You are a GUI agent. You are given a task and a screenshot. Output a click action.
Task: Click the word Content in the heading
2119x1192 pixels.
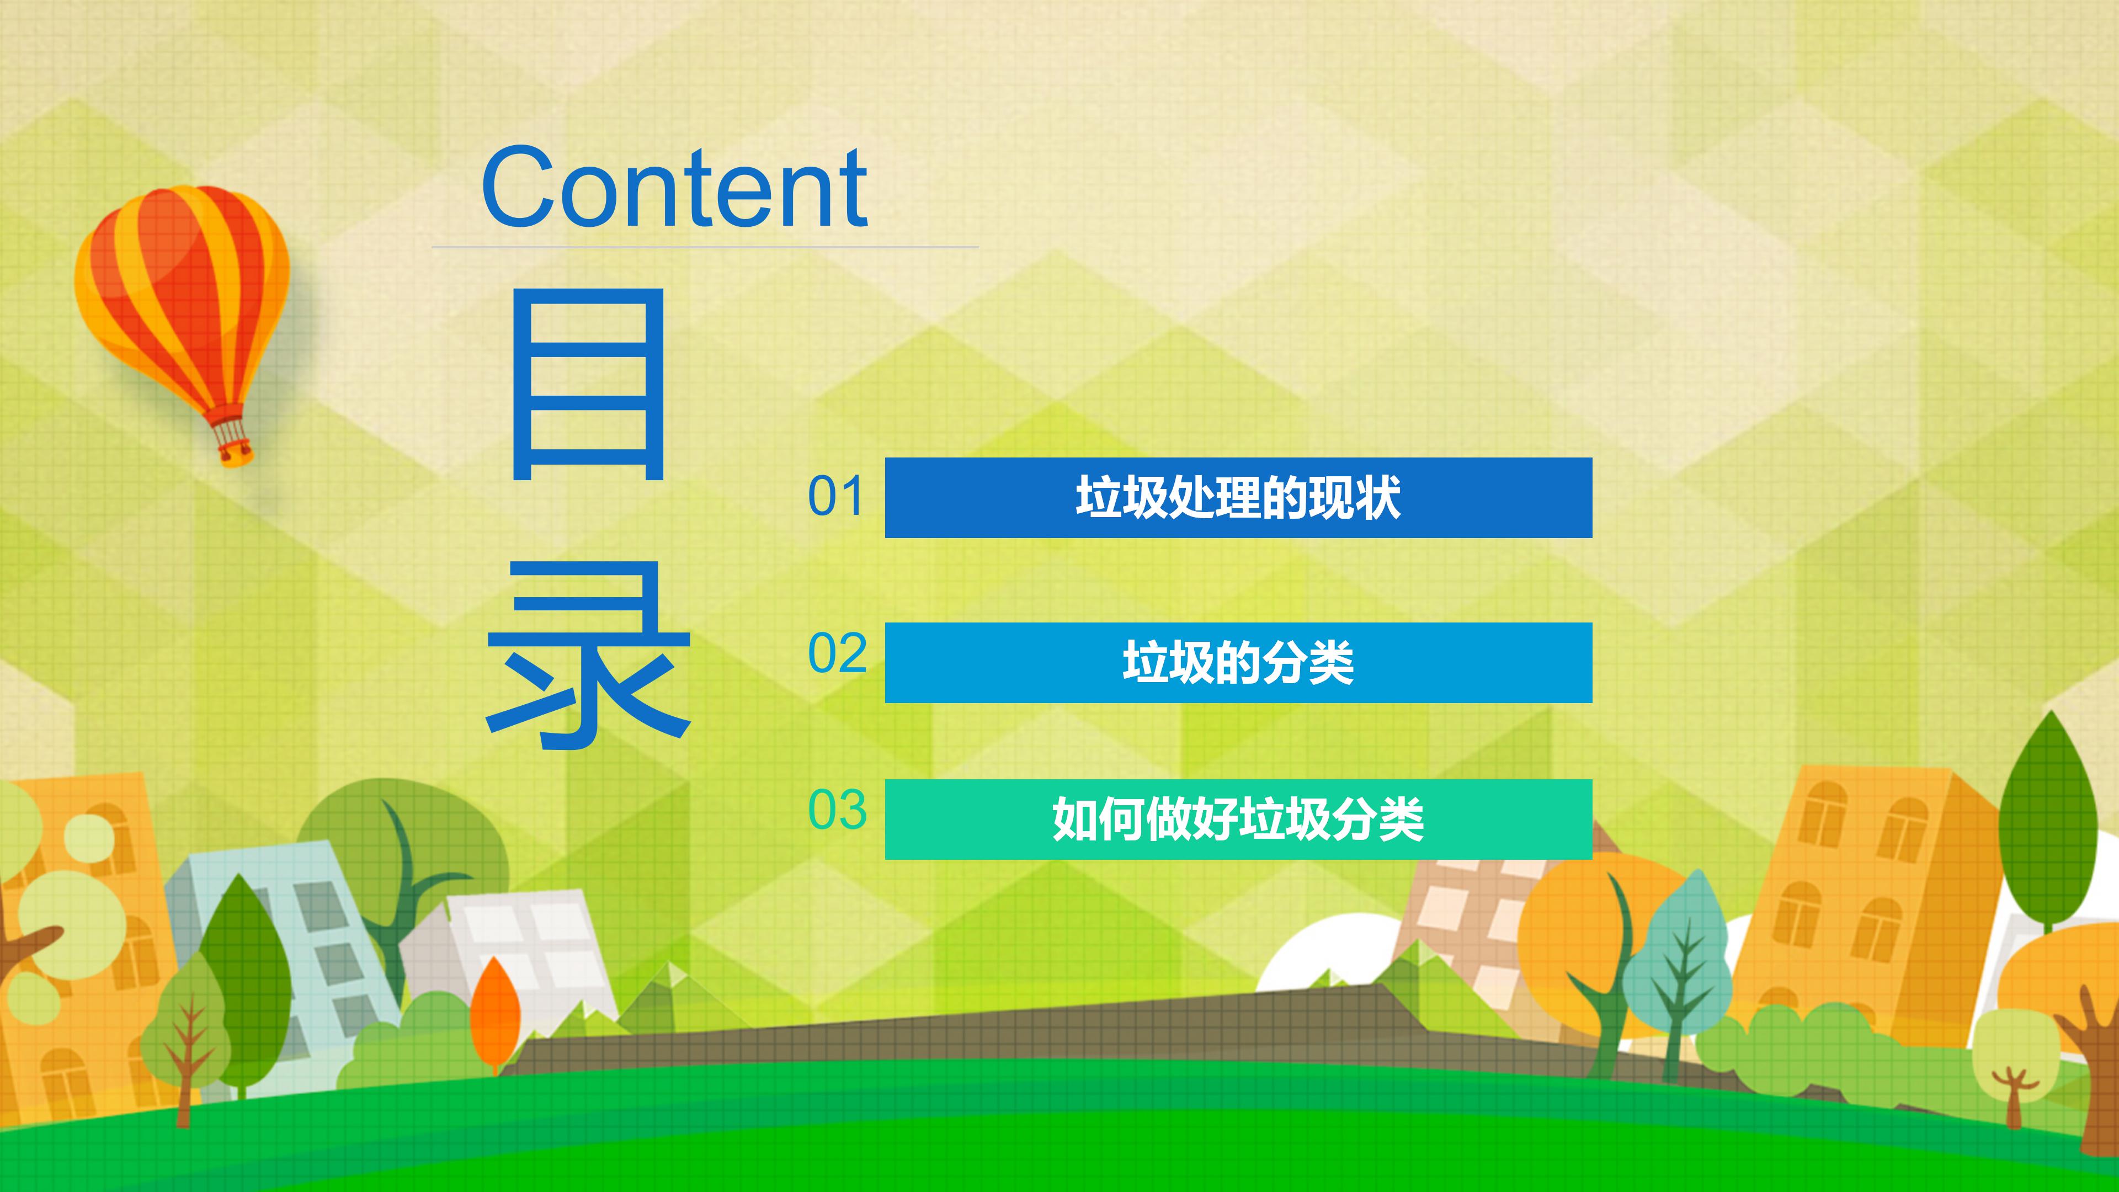674,188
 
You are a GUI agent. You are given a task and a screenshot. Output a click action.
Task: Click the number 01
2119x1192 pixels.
836,496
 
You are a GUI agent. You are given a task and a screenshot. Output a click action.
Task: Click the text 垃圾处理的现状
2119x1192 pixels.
1238,498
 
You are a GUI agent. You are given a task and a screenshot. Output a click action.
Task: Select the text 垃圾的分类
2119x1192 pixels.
1238,663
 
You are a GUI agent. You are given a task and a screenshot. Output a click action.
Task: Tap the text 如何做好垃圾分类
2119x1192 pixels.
1238,819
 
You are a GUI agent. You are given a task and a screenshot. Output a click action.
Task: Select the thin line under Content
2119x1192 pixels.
705,247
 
